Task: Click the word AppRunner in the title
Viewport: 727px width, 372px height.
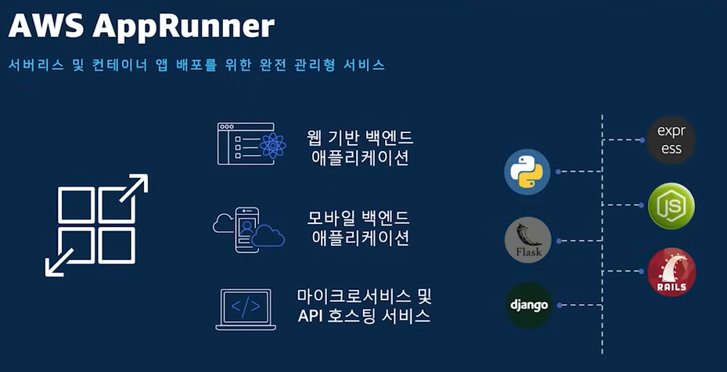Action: coord(183,27)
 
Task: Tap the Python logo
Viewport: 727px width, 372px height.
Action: coord(527,172)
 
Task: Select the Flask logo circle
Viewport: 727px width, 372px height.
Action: coord(527,240)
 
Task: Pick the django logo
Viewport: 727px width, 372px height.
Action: coord(528,305)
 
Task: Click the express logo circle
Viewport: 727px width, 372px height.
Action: coord(671,139)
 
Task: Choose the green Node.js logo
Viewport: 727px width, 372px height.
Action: coord(671,205)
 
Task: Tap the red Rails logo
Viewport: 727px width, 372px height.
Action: coord(671,271)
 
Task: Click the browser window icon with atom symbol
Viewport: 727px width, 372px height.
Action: coord(251,144)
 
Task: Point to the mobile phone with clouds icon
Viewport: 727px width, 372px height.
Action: coord(249,230)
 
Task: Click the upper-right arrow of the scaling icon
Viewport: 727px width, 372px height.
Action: coord(135,187)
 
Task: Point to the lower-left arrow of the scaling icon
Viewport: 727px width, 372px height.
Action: coord(59,262)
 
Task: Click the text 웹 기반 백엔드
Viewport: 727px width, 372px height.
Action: coord(360,137)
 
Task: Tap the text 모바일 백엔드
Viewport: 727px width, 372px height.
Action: coord(358,218)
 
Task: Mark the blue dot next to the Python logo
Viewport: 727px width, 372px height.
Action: coord(558,172)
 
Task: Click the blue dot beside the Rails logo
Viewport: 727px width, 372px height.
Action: coord(642,271)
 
